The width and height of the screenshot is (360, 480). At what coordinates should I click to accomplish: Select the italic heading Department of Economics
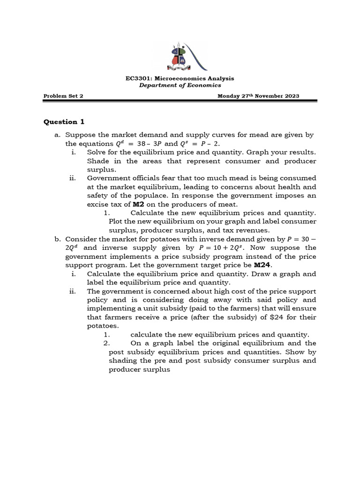[x=180, y=85]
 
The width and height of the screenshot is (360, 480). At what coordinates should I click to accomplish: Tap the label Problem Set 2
[x=63, y=96]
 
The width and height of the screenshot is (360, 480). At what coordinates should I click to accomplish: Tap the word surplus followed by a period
[x=99, y=170]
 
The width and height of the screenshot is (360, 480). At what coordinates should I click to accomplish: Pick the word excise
[x=98, y=204]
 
